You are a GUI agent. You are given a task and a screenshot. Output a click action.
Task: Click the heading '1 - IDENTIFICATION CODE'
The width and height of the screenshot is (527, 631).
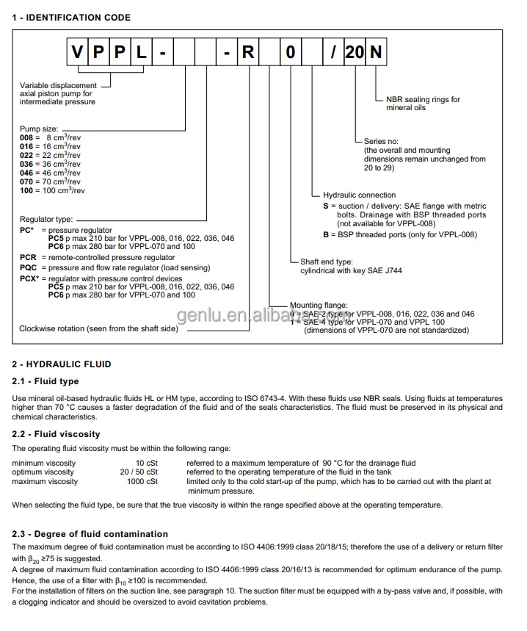click(x=71, y=18)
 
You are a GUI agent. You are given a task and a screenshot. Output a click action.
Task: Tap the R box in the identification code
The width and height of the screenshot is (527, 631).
click(x=247, y=53)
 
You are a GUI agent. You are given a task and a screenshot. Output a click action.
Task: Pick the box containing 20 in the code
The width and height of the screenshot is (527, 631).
click(x=355, y=53)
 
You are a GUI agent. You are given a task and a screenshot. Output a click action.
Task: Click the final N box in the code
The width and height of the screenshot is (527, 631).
click(x=376, y=53)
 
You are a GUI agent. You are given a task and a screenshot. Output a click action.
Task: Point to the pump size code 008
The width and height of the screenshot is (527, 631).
click(x=26, y=137)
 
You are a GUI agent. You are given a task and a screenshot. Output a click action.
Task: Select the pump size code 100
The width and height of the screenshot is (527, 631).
click(x=26, y=190)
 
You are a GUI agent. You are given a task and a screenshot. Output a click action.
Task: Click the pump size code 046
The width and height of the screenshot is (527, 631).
click(x=26, y=173)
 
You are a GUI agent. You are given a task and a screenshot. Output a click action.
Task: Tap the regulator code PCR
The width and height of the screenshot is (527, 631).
click(x=28, y=258)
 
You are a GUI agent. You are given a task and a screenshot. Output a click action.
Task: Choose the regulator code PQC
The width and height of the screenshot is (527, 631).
click(x=28, y=268)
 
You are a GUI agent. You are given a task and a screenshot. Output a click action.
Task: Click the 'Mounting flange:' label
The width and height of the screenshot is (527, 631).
click(x=319, y=305)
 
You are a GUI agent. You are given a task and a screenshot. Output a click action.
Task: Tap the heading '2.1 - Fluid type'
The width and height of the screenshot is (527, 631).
click(x=46, y=381)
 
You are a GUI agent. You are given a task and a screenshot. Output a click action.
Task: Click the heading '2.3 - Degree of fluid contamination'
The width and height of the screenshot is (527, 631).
click(x=90, y=534)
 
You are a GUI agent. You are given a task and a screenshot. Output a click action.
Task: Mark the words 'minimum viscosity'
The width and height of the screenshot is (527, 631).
click(x=43, y=463)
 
